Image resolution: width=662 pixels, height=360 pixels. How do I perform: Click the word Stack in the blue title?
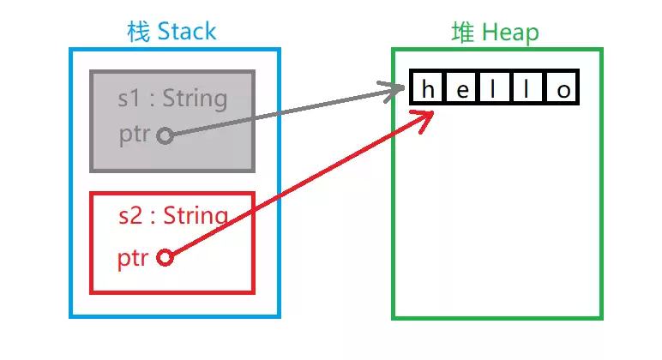point(187,32)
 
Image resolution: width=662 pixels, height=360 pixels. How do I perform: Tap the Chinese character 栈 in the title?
point(138,32)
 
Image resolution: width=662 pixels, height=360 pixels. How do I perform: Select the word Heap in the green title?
point(510,33)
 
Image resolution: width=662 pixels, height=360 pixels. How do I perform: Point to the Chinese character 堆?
point(463,32)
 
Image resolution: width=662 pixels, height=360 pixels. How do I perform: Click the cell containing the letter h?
point(426,87)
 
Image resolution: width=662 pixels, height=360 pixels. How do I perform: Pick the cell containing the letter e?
point(461,87)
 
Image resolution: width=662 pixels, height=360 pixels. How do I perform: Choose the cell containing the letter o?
point(563,87)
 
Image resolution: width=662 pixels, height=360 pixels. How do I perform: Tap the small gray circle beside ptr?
point(165,136)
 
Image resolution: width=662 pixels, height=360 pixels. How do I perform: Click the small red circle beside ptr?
point(165,257)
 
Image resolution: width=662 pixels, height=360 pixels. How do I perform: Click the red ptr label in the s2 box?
point(133,258)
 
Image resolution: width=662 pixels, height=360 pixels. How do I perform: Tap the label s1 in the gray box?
point(129,99)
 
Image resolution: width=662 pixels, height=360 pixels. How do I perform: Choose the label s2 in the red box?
point(130,215)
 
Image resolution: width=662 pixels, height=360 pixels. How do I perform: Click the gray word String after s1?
point(195,99)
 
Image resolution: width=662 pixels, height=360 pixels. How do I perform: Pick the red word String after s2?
point(196,216)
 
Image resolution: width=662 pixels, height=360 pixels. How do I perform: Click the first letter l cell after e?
point(495,87)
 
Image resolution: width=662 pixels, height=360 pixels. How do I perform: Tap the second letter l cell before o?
point(527,87)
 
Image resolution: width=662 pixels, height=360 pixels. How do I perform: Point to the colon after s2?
point(153,217)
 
